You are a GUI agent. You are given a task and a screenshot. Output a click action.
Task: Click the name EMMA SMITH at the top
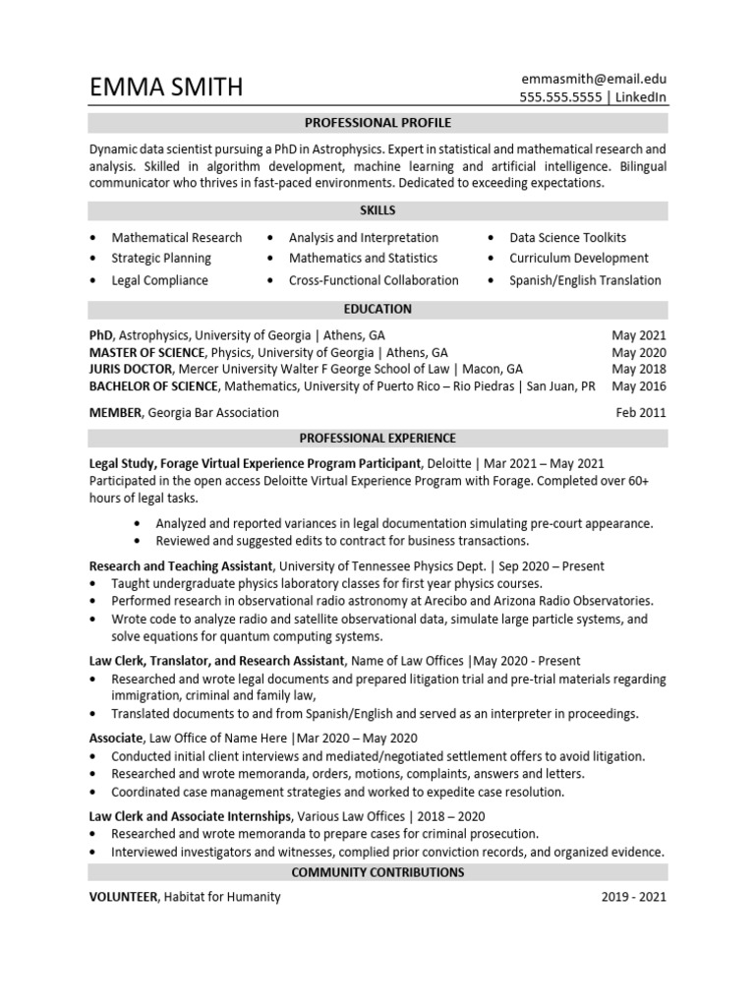coord(165,88)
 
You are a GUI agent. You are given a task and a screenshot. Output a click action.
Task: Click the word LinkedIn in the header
coord(641,97)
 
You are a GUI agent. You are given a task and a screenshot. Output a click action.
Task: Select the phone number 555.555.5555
coord(560,97)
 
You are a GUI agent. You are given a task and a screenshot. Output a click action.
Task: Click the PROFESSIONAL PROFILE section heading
coord(377,123)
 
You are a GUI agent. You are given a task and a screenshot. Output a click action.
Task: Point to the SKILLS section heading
coord(377,210)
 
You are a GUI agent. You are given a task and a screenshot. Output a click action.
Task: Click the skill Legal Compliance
coord(159,280)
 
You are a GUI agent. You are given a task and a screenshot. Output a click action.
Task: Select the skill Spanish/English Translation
coord(585,280)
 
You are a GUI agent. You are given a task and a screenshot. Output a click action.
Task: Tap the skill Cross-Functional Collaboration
coord(374,280)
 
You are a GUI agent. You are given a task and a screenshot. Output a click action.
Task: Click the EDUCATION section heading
coord(377,309)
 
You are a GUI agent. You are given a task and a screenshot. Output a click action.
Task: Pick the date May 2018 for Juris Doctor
coord(638,369)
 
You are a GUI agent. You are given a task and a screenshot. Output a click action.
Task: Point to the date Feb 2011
coord(640,412)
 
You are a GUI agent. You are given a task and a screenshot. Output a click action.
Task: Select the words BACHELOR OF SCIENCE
coord(152,385)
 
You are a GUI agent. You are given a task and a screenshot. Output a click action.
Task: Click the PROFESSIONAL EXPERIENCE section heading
coord(377,438)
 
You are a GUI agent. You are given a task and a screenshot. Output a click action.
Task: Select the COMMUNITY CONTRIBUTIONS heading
coord(377,872)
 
